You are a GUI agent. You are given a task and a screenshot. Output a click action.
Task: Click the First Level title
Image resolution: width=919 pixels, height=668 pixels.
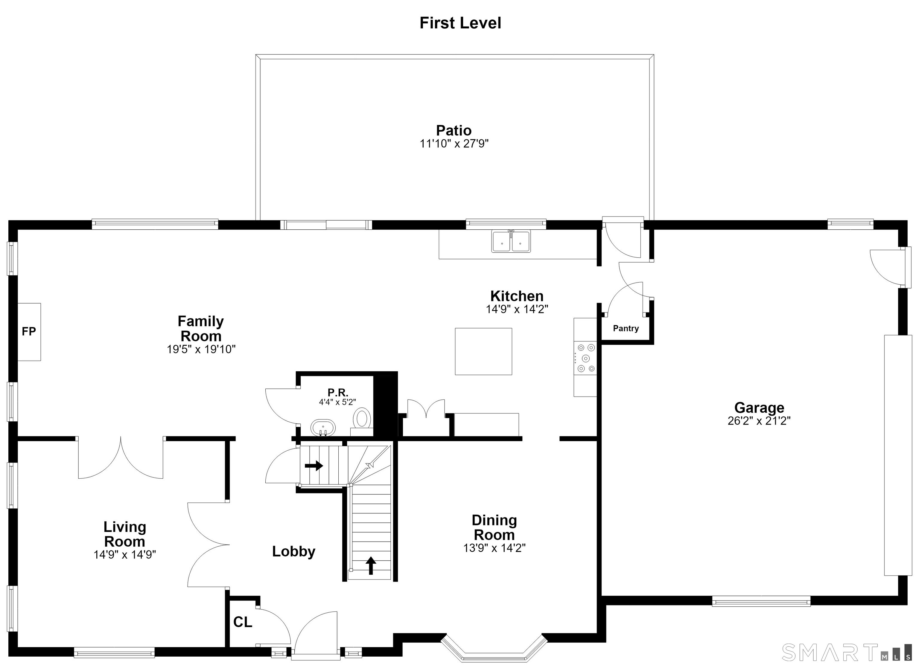(460, 23)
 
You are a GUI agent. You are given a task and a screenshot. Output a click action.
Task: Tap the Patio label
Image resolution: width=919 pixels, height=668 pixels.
(454, 130)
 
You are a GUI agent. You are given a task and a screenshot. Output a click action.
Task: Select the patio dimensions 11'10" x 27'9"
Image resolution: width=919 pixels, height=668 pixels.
(454, 144)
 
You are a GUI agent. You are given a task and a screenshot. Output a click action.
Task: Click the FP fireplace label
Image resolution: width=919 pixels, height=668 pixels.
(29, 332)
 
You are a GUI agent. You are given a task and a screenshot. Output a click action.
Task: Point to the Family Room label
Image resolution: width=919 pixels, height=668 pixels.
(201, 329)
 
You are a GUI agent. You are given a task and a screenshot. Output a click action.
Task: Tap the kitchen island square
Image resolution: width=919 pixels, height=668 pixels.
(483, 351)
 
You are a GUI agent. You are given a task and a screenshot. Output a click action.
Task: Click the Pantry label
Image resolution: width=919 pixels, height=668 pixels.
(626, 329)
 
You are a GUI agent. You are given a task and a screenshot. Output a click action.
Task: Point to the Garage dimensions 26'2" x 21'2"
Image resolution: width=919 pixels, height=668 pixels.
(759, 421)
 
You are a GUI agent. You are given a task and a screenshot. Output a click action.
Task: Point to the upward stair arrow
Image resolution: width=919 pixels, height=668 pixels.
(371, 565)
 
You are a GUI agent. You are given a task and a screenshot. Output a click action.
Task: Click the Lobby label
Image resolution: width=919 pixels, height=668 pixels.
(294, 551)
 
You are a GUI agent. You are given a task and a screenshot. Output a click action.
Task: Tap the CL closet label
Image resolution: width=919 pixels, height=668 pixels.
(243, 622)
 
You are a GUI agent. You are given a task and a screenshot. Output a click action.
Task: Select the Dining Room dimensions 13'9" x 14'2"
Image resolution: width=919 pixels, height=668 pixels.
(494, 548)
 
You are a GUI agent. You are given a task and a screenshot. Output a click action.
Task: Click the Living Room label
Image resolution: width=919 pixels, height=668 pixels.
(125, 534)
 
